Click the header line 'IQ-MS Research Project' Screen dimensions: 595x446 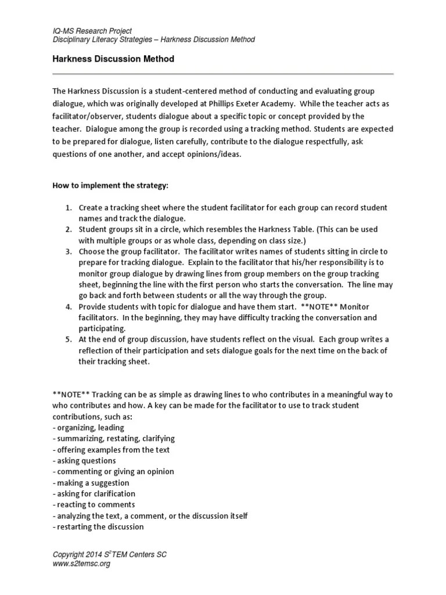click(92, 30)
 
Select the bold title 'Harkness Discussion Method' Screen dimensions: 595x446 click(113, 59)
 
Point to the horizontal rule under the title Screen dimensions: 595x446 click(223, 74)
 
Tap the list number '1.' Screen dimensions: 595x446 click(68, 207)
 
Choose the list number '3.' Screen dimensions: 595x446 click(68, 252)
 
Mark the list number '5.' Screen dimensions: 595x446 click(68, 339)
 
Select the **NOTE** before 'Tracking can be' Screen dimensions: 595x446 click(71, 395)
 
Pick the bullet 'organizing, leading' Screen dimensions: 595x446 click(88, 428)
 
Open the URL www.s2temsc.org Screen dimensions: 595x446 click(81, 564)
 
